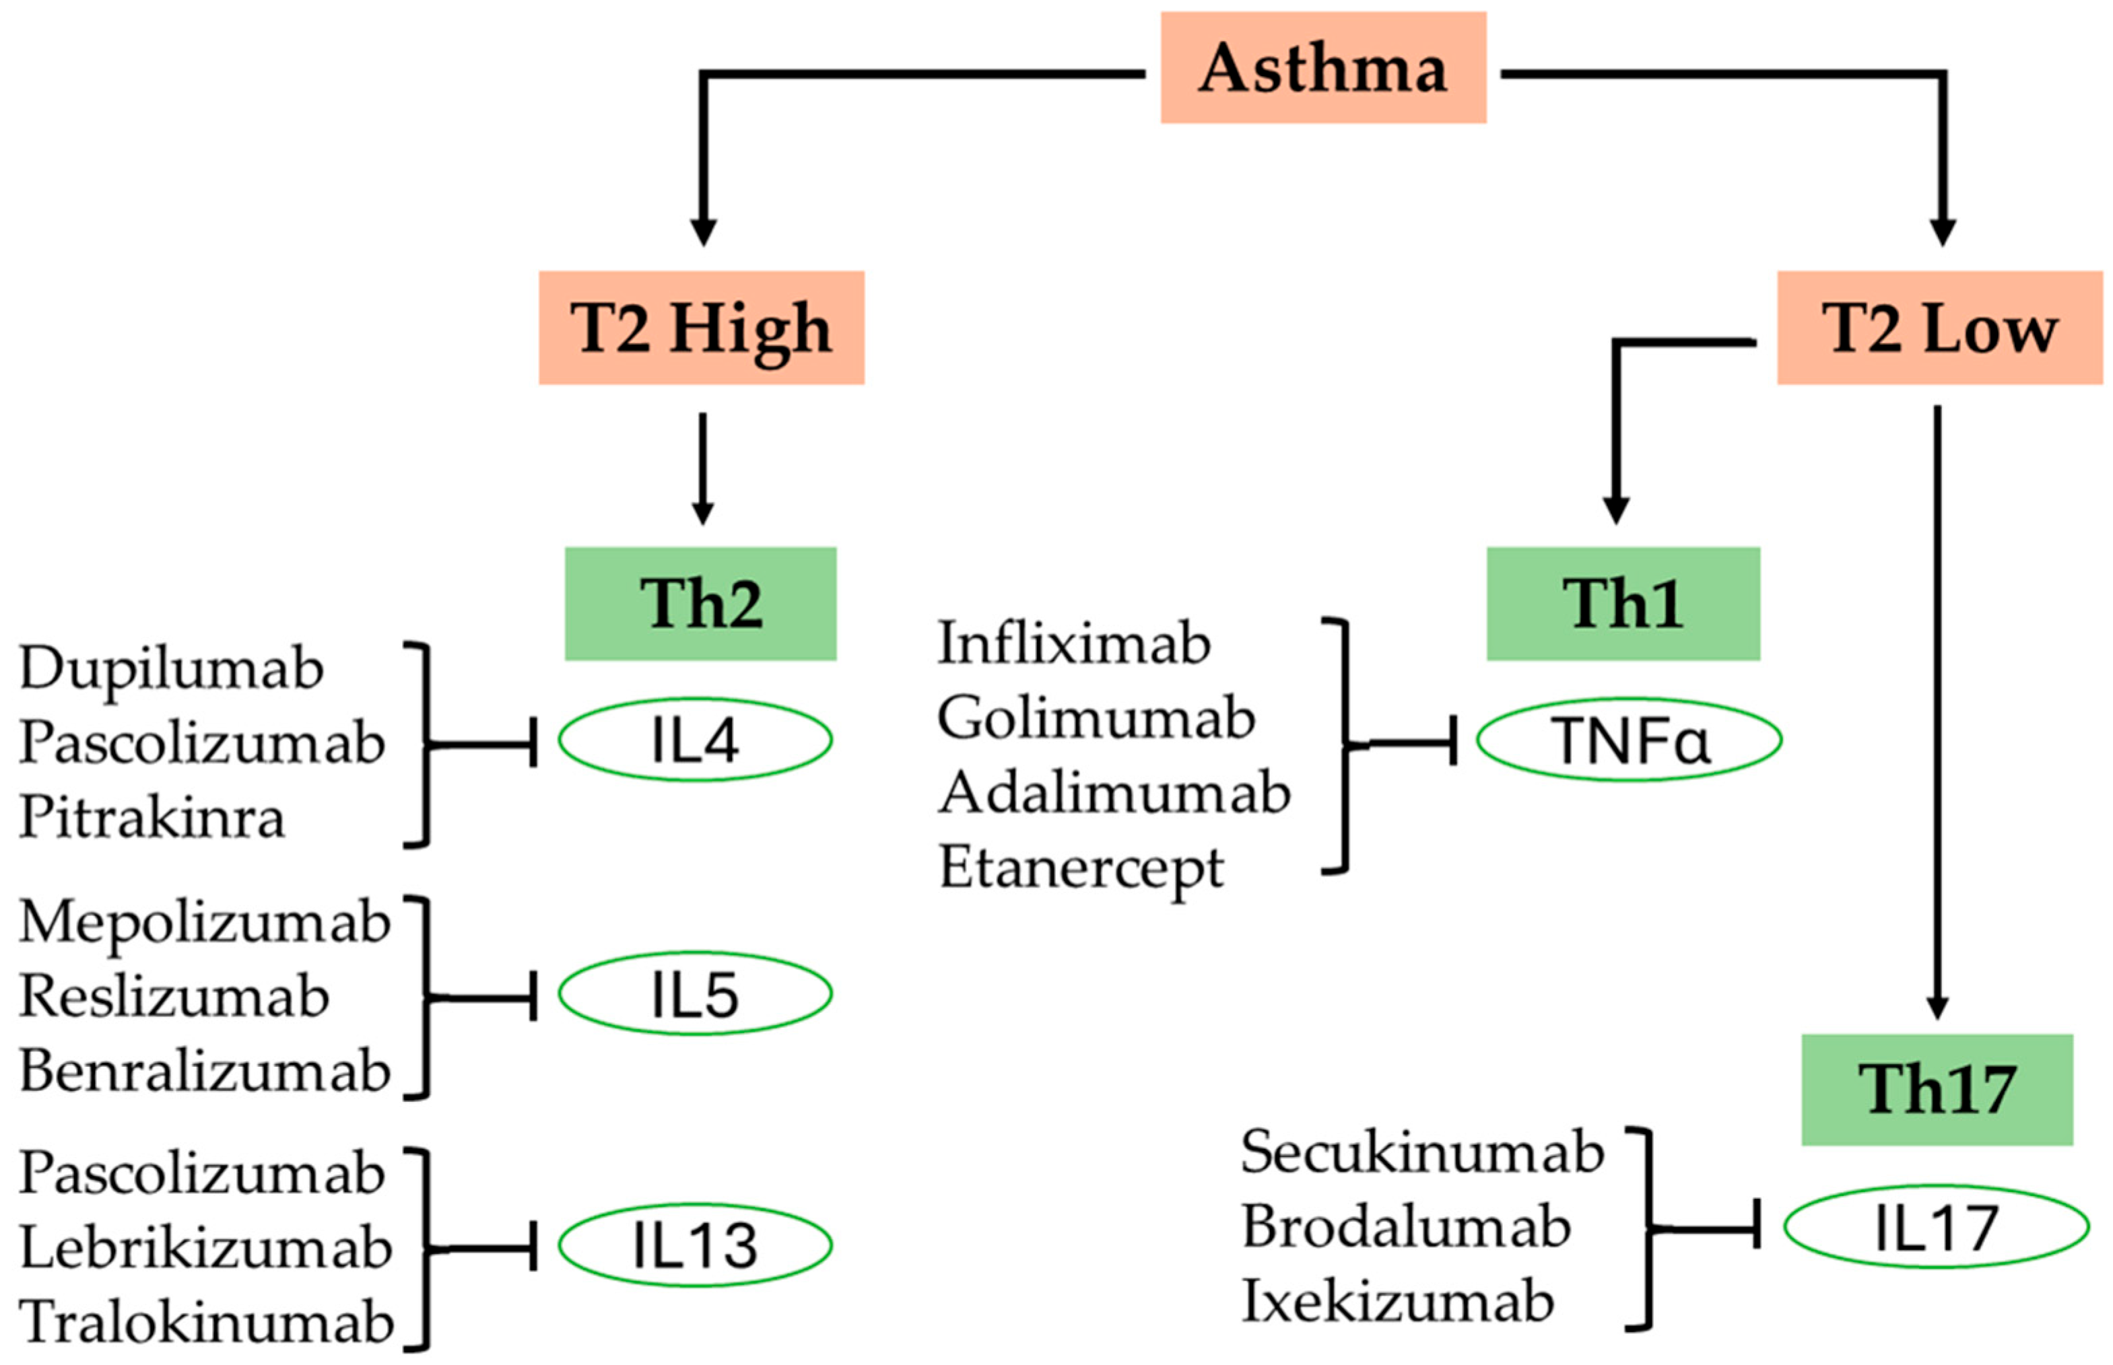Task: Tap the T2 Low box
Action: (x=1939, y=328)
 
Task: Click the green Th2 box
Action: (x=700, y=604)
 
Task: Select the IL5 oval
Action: (x=694, y=993)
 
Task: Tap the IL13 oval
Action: (x=694, y=1245)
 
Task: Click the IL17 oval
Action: (x=1936, y=1228)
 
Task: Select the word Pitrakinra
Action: (x=152, y=816)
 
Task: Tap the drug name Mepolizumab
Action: (x=204, y=922)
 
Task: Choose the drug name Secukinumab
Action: (x=1421, y=1152)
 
